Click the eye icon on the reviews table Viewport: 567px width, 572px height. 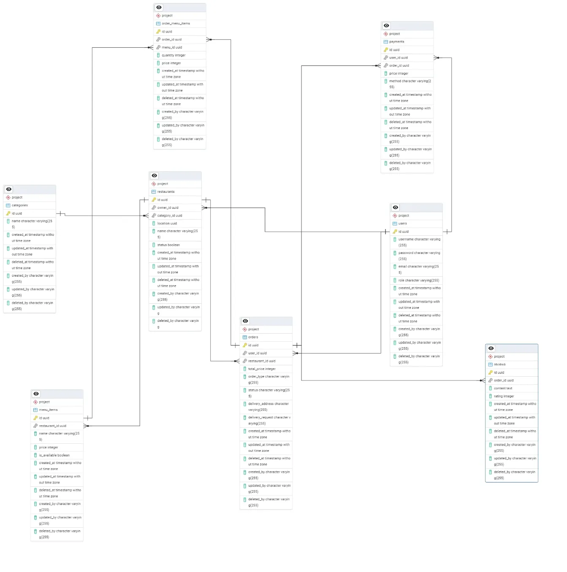pos(491,348)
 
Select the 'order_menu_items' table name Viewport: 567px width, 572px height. pos(176,24)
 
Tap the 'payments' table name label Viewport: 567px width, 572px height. pos(396,42)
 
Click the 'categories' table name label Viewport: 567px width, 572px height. pos(20,205)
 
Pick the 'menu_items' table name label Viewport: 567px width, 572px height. pos(48,410)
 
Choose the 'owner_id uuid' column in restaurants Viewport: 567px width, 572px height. pos(168,208)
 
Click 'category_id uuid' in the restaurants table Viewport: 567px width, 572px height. pos(170,216)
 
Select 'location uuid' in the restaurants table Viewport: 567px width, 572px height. pos(167,224)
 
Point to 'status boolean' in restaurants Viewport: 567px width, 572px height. pos(168,245)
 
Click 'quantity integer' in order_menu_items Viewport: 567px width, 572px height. pos(174,55)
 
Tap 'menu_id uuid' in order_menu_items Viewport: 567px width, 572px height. pos(172,47)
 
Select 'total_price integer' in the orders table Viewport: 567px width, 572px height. pos(262,369)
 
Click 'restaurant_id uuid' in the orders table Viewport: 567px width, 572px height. pos(262,361)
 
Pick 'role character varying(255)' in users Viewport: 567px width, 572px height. pos(418,281)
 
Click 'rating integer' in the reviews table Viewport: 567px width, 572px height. pos(504,397)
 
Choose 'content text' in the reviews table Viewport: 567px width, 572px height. pos(503,389)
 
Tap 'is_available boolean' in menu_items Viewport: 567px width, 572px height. pos(54,456)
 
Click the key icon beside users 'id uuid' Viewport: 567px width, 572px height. pos(395,232)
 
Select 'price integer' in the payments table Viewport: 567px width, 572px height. pos(399,73)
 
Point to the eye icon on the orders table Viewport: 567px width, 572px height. pos(245,321)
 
